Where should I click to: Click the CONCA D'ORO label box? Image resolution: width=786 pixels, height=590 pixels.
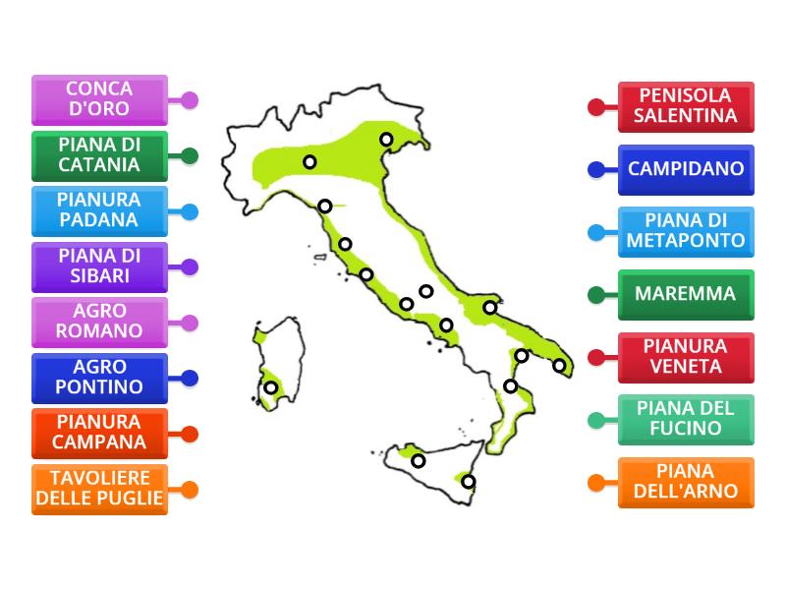click(99, 99)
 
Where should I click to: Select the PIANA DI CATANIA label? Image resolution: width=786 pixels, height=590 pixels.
click(99, 155)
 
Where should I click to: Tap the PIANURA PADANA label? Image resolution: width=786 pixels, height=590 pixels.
click(99, 210)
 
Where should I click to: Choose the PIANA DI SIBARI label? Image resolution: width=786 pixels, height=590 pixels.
click(99, 266)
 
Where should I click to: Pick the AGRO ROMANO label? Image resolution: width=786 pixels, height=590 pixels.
click(99, 322)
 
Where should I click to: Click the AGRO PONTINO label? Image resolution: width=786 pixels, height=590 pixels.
click(99, 378)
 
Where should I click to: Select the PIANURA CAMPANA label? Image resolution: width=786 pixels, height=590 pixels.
click(99, 433)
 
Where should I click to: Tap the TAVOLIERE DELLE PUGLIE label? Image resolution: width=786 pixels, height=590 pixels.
click(99, 489)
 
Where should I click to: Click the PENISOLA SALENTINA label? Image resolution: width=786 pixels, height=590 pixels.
click(686, 106)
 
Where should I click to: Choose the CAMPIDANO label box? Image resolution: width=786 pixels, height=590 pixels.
click(686, 169)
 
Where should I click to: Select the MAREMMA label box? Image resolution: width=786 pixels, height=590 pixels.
click(686, 294)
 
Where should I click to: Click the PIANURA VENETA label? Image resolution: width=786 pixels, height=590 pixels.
click(686, 357)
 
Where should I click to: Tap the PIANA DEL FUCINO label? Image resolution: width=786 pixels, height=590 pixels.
click(686, 420)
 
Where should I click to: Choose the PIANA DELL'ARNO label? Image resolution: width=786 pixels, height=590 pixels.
click(686, 482)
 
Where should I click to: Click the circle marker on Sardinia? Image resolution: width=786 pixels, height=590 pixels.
click(270, 387)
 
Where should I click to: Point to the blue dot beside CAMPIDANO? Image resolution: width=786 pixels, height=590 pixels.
click(596, 169)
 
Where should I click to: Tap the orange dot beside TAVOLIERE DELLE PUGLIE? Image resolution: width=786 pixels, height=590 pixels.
click(190, 489)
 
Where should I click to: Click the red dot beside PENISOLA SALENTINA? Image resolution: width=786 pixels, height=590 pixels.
click(596, 106)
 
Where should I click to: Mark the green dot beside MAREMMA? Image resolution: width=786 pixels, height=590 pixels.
click(596, 294)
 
